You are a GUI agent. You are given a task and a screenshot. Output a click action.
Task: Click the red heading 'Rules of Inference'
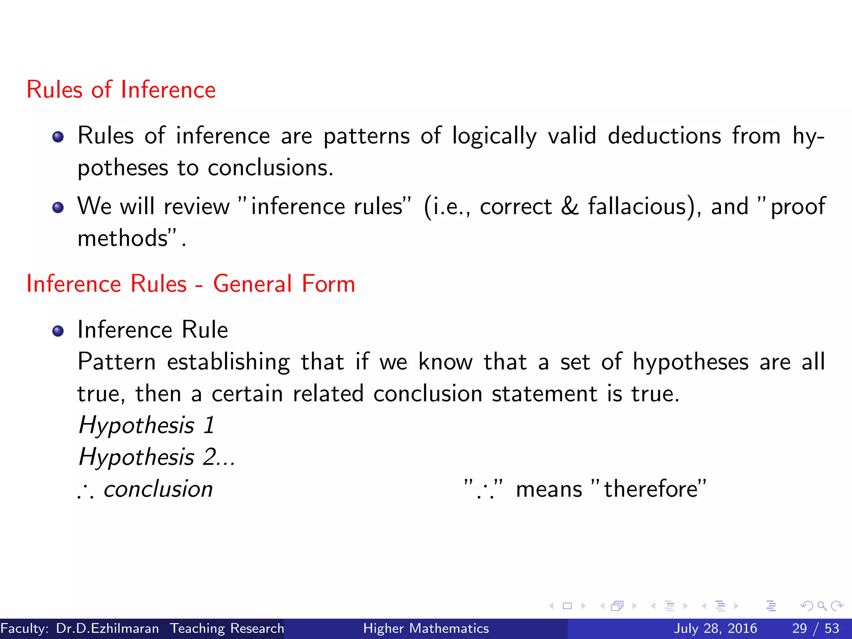121,89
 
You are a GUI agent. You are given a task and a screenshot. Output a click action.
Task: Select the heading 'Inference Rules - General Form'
191,284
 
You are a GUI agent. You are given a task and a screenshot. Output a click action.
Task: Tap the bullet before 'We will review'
58,207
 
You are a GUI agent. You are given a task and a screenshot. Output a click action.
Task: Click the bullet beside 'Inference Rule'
58,331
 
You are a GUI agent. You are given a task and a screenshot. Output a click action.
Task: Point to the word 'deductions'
664,136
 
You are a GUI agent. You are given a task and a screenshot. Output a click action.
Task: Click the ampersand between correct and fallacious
570,207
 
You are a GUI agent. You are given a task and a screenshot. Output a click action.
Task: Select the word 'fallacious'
637,207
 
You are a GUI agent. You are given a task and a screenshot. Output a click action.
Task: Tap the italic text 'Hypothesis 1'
146,426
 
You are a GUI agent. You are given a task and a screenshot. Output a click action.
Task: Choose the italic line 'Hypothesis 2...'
156,457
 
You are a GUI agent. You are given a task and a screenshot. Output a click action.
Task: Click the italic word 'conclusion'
158,489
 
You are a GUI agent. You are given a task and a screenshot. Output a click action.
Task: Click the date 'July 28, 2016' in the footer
715,628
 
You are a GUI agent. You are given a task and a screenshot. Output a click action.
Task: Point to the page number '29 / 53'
815,628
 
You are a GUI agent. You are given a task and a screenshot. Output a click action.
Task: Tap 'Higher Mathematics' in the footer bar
426,628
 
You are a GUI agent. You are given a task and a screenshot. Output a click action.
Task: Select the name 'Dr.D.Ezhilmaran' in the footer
107,628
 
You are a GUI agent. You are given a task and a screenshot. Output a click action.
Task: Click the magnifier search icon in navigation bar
822,606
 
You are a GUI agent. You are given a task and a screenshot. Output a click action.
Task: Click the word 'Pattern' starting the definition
116,362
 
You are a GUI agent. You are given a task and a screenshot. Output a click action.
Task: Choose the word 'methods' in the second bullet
123,238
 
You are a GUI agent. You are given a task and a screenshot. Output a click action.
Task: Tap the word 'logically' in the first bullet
494,136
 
